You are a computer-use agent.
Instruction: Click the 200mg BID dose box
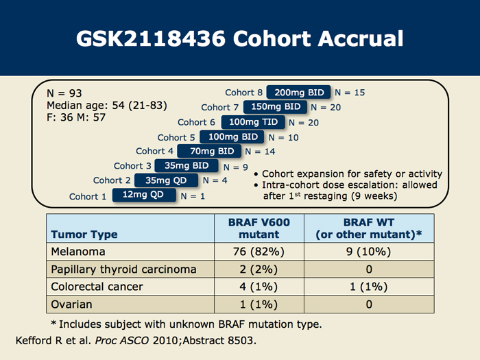[x=298, y=92]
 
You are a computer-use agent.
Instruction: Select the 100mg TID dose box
[x=253, y=122]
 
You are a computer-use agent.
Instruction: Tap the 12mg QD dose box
[x=144, y=195]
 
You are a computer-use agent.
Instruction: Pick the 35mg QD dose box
[x=166, y=180]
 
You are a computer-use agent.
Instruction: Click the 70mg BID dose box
[x=209, y=152]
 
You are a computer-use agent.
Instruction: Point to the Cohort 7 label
[x=220, y=108]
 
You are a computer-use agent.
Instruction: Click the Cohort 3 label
[x=132, y=166]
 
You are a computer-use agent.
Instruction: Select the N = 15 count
[x=350, y=93]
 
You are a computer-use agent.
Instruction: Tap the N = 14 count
[x=260, y=152]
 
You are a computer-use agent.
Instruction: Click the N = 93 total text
[x=64, y=93]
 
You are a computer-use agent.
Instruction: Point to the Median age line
[x=107, y=106]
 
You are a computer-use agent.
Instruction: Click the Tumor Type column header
[x=84, y=235]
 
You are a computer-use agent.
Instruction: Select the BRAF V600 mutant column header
[x=259, y=228]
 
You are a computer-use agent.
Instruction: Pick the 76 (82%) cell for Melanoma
[x=259, y=252]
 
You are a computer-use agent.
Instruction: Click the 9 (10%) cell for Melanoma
[x=369, y=252]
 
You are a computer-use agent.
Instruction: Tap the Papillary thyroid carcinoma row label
[x=123, y=269]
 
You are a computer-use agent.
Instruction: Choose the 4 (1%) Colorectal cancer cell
[x=259, y=287]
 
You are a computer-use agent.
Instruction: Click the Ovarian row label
[x=71, y=304]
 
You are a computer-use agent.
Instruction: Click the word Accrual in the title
[x=361, y=38]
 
